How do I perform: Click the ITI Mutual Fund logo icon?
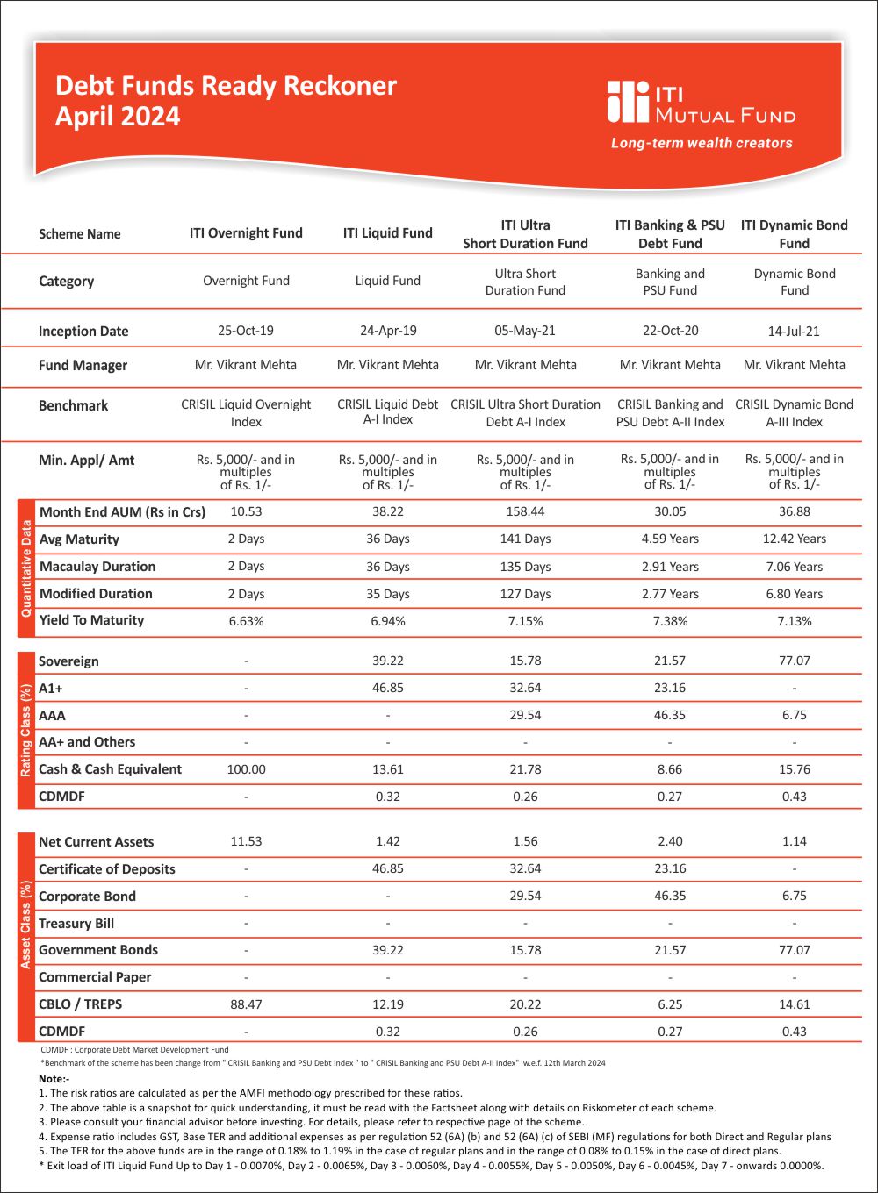[628, 102]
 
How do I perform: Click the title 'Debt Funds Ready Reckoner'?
[226, 86]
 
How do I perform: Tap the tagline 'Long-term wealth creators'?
[702, 143]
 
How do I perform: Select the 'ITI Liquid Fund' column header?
[387, 233]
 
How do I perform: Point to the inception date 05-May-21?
[525, 331]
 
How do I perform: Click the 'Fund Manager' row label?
[83, 365]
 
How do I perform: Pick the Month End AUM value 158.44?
[525, 511]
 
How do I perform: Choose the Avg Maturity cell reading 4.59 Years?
[670, 539]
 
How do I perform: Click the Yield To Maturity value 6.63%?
[246, 621]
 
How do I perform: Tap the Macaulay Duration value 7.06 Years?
[794, 567]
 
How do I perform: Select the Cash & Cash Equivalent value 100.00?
[246, 769]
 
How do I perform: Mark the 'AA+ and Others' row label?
[87, 742]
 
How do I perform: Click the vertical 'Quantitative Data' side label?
[26, 568]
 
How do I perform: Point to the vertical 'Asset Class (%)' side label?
[26, 925]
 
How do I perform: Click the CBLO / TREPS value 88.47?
[246, 1004]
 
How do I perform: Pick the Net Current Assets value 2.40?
[670, 841]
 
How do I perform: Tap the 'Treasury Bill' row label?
[76, 924]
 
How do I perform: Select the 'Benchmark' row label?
[73, 406]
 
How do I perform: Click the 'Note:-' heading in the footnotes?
[54, 1079]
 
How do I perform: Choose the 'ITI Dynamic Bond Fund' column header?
[794, 234]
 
